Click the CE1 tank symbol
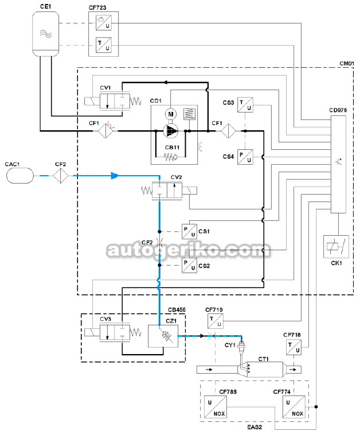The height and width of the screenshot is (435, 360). tap(45, 33)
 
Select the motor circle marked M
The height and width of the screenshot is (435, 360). tap(171, 114)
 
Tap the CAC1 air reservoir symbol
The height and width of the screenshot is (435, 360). tap(20, 176)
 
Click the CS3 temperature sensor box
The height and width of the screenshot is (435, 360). tap(245, 104)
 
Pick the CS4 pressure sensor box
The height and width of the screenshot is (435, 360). tap(245, 157)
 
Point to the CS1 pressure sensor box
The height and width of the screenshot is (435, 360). tap(189, 231)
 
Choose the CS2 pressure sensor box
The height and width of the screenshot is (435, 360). tap(189, 265)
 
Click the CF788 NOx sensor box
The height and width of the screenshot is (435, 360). tap(216, 407)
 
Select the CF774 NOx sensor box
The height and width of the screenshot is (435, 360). tap(294, 407)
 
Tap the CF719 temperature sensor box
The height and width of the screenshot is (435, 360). tap(216, 321)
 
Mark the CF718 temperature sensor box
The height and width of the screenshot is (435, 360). tap(294, 347)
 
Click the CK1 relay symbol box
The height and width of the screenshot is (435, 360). tap(336, 247)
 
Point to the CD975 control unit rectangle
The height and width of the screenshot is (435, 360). tap(338, 164)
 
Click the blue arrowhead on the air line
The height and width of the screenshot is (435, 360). tap(115, 176)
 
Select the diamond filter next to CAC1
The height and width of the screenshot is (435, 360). tap(61, 176)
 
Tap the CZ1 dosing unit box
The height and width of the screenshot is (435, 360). tap(163, 336)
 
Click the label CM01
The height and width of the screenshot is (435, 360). tap(347, 64)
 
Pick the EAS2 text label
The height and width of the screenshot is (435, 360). tap(255, 427)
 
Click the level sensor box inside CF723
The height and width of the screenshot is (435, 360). tap(104, 22)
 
